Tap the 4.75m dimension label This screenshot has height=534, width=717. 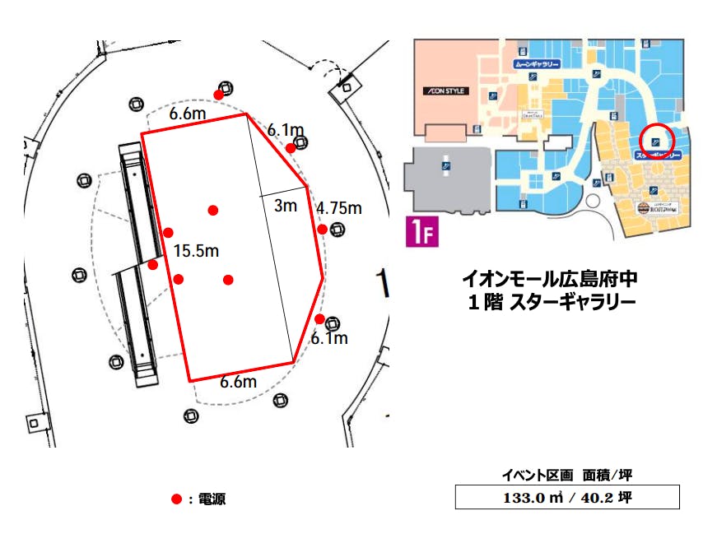(339, 208)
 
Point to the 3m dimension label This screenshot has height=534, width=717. (285, 206)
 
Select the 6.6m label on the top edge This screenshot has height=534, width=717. (188, 114)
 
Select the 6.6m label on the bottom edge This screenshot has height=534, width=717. (239, 382)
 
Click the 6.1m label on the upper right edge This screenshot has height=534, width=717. (286, 129)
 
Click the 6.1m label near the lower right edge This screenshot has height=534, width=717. (329, 338)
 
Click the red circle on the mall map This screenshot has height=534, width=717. (658, 140)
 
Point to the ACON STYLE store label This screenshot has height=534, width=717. (445, 91)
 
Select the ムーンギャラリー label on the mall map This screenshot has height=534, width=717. (537, 63)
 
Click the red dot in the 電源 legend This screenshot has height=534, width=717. (175, 499)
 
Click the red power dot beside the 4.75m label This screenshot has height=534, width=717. (323, 229)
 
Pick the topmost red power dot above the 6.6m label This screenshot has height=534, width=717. (219, 95)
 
